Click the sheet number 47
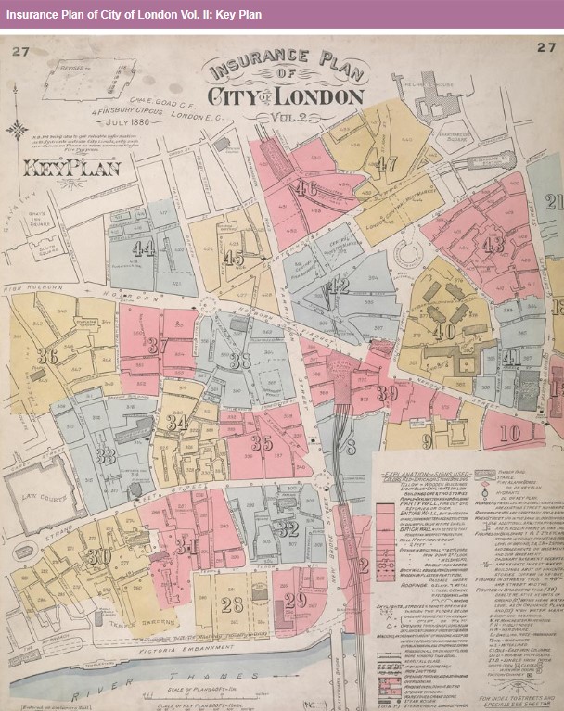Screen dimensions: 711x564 [387, 164]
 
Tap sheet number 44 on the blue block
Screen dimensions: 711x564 [143, 248]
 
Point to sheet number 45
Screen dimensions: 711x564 [234, 259]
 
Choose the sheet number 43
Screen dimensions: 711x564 [493, 244]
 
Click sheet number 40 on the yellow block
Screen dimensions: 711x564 [443, 331]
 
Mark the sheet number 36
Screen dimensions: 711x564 [47, 356]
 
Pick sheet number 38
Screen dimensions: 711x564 [240, 361]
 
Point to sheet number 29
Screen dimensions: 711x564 [295, 600]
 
